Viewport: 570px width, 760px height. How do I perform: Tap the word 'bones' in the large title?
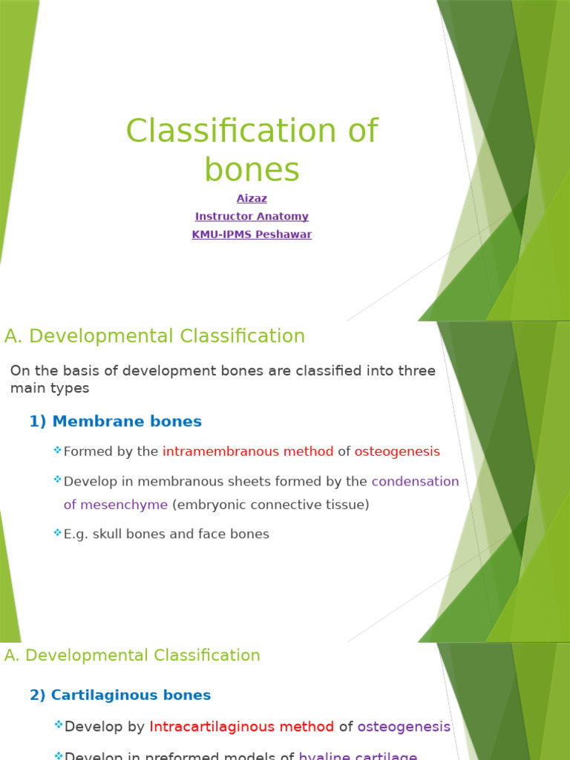[x=252, y=170]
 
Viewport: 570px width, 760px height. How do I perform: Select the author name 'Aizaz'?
[x=252, y=199]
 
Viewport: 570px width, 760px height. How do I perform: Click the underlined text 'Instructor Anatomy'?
[x=252, y=217]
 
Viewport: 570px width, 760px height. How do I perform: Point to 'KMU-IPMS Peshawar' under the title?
[x=252, y=235]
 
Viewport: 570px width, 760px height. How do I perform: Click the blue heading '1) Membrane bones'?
[x=115, y=422]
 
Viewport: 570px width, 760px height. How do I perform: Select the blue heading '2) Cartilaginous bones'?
[x=120, y=695]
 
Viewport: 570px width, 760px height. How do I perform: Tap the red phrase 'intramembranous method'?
[x=248, y=451]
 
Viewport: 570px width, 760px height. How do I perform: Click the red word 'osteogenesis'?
[x=397, y=451]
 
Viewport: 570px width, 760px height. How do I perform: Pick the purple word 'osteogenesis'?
[x=404, y=727]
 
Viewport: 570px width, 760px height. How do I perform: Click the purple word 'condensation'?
[x=415, y=481]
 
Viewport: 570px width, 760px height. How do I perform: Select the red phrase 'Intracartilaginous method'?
[x=242, y=727]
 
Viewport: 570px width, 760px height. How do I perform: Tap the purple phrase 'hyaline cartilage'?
[x=358, y=756]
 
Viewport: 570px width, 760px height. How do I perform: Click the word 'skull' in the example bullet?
[x=106, y=534]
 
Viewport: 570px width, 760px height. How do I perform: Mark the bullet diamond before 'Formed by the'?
[x=57, y=450]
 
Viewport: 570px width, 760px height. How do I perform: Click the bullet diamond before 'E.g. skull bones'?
[x=57, y=532]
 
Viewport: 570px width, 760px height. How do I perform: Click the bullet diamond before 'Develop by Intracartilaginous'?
[x=58, y=725]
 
